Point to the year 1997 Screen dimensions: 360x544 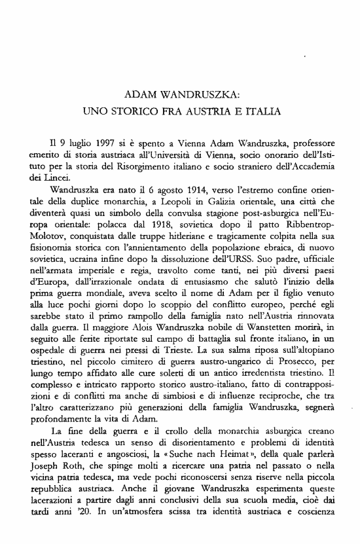pos(103,142)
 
